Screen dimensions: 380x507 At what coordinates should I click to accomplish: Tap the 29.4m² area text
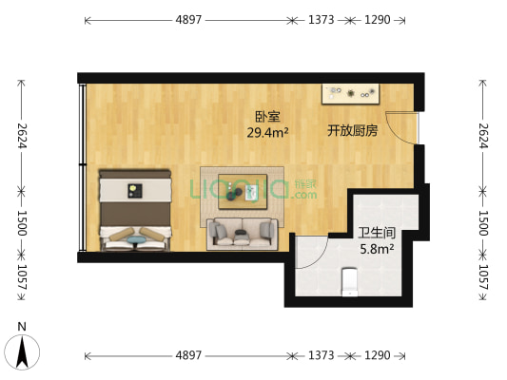point(267,133)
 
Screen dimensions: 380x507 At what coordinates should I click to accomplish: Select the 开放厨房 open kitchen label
point(352,130)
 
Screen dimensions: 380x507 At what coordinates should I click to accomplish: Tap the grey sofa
point(244,232)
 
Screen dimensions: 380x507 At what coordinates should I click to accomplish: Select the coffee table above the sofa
point(242,194)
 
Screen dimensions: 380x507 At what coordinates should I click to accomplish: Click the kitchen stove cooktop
point(351,94)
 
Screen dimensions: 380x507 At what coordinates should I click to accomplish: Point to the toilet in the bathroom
point(348,280)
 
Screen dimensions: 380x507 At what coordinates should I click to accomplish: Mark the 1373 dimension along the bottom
point(321,355)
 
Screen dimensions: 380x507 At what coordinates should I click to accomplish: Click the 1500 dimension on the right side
point(482,223)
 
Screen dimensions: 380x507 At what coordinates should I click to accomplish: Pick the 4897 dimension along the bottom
point(187,355)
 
